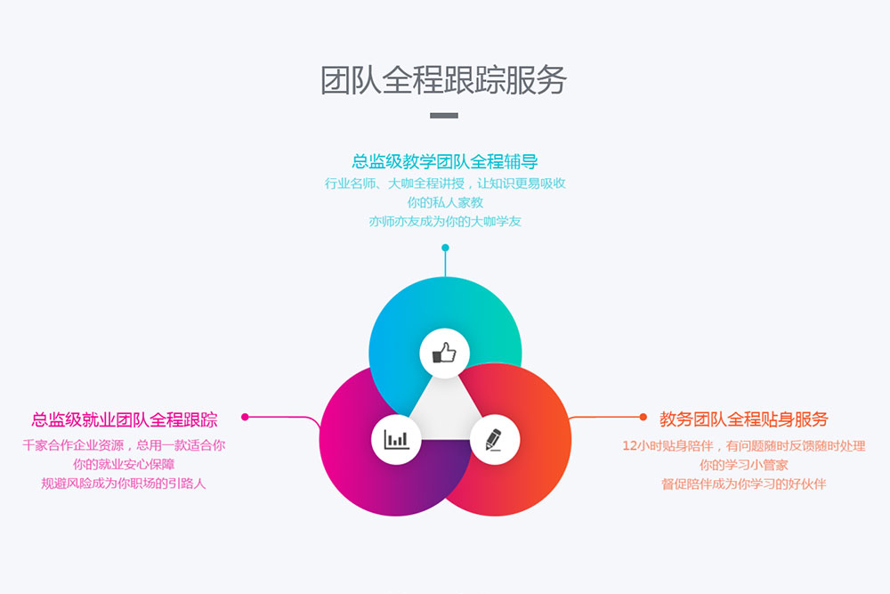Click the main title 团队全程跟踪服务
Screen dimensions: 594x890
pos(443,80)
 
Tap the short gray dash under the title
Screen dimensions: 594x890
pos(444,116)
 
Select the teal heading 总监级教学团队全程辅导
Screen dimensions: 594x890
pos(445,161)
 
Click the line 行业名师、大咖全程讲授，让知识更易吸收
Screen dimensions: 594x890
pos(445,183)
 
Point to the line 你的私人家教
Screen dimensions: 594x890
pos(445,202)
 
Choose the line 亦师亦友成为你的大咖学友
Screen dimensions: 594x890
pos(445,221)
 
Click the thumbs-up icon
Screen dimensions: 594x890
pos(444,354)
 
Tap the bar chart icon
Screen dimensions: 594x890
pos(396,439)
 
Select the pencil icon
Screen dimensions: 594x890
pos(495,439)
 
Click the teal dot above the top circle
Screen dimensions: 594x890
pos(445,248)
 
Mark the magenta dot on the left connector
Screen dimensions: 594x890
pos(245,416)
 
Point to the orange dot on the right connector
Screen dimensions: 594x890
pos(643,416)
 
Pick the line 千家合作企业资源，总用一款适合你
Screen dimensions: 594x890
pos(124,444)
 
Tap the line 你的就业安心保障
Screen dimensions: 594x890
pos(124,464)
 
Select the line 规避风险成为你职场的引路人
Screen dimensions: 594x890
pos(124,484)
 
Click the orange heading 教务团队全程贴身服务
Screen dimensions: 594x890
pos(744,419)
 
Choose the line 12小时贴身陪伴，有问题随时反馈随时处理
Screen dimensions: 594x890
pos(744,445)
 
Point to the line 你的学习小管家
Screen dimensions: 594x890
pos(744,465)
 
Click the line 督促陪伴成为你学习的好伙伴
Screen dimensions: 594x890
pos(744,484)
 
